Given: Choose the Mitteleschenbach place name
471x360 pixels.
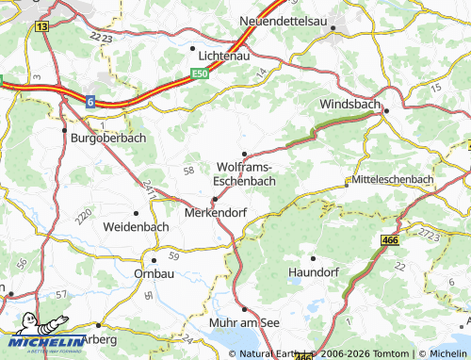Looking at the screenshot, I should pos(393,179).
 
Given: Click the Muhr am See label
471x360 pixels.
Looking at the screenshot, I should pos(245,322).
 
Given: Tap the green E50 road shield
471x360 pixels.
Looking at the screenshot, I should pos(198,73).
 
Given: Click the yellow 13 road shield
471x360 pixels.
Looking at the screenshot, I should pos(41,26).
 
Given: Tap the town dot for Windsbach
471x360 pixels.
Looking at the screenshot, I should pos(386,112).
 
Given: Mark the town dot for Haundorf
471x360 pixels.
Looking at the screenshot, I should pos(314,257).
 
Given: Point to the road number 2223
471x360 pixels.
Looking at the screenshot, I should pos(104,36).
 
